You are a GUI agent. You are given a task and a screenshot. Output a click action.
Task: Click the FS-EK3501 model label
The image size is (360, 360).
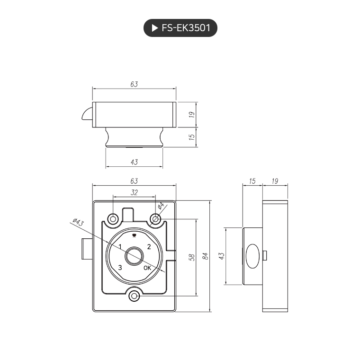click(186, 28)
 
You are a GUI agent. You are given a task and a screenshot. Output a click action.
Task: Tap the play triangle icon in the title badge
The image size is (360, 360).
click(154, 28)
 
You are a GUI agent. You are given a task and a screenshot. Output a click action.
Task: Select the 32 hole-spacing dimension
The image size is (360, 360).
click(134, 192)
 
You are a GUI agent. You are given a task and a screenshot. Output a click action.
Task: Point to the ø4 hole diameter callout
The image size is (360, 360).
click(161, 206)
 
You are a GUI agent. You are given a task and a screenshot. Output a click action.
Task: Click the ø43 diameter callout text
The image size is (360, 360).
click(78, 223)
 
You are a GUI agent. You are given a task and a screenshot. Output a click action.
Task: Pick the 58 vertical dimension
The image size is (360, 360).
click(192, 257)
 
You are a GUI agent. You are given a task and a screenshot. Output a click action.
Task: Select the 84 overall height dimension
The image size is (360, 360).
click(205, 256)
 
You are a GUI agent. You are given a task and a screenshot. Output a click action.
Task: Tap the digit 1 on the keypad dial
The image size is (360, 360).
click(120, 247)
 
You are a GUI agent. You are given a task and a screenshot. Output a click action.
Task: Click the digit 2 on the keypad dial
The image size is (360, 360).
click(149, 247)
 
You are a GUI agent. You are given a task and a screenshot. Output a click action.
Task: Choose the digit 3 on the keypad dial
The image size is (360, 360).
click(120, 268)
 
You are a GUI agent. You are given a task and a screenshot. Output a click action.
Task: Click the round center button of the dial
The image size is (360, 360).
click(134, 256)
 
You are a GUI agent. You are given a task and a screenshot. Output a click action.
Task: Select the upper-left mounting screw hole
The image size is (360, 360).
click(113, 218)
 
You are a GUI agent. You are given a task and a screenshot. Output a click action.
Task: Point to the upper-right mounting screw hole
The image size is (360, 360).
click(155, 218)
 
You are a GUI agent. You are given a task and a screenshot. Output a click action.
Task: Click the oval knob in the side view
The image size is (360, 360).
click(252, 256)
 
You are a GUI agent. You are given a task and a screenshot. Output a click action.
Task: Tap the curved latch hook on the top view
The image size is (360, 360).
click(87, 114)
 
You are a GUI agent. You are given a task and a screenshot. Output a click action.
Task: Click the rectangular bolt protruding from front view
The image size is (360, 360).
click(86, 250)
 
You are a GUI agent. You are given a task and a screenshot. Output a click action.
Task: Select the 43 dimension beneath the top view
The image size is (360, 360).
click(134, 162)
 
